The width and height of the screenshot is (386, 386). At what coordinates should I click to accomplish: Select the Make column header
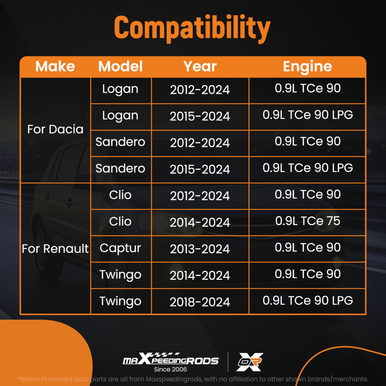pos(55,66)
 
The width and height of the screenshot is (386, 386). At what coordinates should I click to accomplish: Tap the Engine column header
pos(308,67)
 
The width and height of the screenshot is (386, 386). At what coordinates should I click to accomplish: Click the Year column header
pos(200,66)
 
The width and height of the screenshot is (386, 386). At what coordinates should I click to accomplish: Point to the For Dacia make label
pos(55,129)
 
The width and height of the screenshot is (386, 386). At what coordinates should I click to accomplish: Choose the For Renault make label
pos(55,249)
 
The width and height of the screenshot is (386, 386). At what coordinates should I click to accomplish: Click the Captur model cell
pos(120,248)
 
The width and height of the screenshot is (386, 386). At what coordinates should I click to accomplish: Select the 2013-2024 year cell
pos(200,249)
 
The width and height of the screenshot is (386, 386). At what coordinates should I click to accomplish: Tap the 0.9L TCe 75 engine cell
pos(308,221)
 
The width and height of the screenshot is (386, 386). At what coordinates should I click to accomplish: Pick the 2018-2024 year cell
pos(200,302)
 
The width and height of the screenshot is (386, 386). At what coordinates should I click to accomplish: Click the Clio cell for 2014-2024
pos(120,221)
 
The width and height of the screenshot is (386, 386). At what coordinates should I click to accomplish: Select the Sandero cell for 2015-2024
pos(120,168)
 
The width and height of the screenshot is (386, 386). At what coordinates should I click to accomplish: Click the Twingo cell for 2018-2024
pos(120,301)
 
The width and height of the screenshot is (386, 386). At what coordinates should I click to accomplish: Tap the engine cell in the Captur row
pos(308,247)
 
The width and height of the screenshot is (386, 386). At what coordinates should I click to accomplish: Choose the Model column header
pos(120,66)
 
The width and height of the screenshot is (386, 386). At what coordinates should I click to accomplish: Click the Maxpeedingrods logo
pos(171,359)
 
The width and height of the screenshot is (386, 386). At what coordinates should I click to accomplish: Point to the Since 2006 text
pos(170,369)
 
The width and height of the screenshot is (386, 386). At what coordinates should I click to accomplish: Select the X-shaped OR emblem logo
pos(250,362)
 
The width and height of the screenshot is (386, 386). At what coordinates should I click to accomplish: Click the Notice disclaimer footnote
pos(193,379)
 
